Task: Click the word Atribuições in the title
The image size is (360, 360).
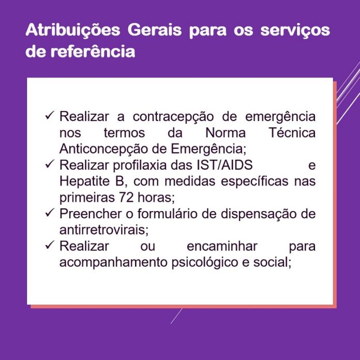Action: point(73,31)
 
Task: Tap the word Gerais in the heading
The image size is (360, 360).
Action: point(155,29)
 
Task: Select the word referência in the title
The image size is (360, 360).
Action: point(93,51)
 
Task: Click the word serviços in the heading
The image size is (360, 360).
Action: point(295,31)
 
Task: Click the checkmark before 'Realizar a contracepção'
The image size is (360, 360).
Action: point(50,115)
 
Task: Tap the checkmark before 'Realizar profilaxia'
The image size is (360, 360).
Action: point(50,163)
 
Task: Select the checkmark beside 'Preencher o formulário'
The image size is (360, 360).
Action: point(50,213)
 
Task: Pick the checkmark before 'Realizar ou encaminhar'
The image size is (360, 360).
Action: point(50,245)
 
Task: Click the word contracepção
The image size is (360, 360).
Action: point(173,117)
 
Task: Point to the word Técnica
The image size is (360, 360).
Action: point(292,132)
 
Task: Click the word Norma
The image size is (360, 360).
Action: point(226,133)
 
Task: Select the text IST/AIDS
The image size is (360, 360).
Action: point(225,165)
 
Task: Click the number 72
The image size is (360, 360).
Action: point(126,198)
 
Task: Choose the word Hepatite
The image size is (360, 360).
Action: point(84,182)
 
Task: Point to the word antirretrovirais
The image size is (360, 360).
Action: point(104,230)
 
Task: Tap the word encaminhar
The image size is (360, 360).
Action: point(222,246)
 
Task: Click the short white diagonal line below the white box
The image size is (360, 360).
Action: point(176,316)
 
